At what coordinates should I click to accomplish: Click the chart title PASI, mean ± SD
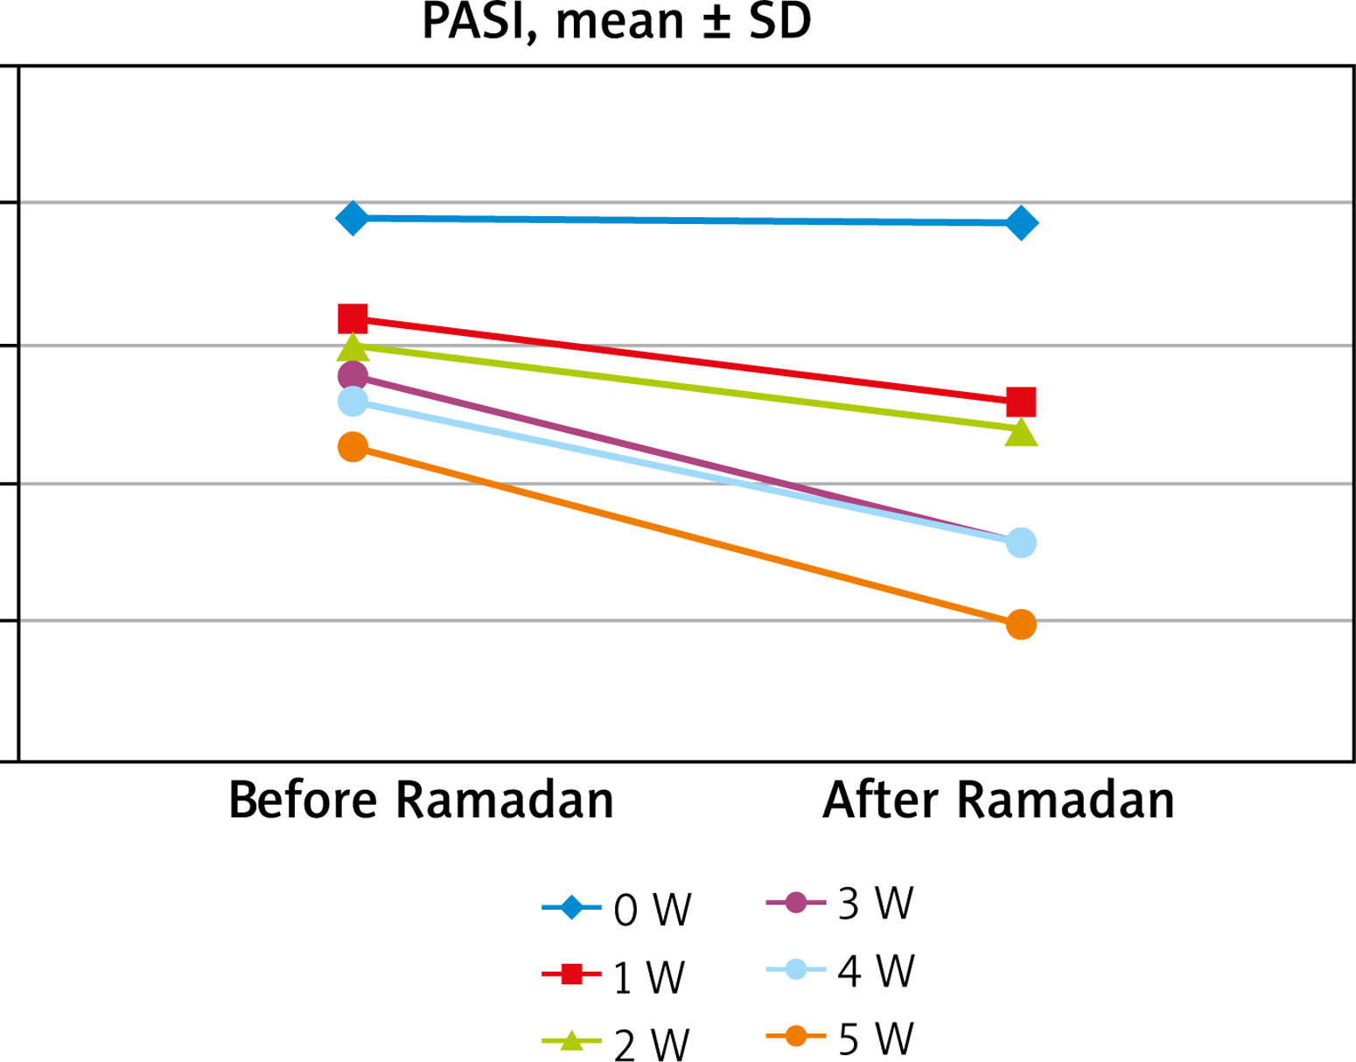[616, 22]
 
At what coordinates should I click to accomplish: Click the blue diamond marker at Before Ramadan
[353, 218]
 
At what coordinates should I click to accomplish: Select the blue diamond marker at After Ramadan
[1021, 223]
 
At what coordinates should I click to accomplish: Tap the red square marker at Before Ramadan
[353, 318]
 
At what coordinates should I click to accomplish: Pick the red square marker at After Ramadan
[1021, 402]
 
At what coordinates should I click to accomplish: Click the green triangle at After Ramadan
[1021, 432]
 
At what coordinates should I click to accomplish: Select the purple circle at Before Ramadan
[353, 376]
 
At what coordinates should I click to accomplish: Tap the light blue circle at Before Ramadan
[353, 402]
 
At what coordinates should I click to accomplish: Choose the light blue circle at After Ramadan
[1021, 542]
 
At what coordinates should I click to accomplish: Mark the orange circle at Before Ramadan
[353, 447]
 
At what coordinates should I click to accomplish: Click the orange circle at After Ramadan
[1021, 624]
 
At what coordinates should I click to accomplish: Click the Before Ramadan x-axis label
[421, 800]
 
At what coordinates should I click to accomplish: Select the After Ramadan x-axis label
[998, 800]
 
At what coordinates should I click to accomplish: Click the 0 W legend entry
[618, 909]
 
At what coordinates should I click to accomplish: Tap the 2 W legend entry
[616, 1044]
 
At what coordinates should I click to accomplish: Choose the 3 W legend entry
[841, 903]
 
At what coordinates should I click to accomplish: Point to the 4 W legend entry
[841, 970]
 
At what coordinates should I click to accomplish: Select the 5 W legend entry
[841, 1038]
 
